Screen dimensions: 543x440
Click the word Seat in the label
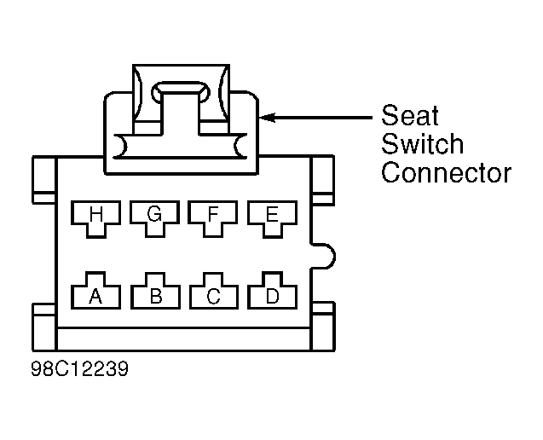tap(410, 115)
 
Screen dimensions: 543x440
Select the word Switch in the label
tap(423, 144)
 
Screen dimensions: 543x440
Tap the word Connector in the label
tap(447, 172)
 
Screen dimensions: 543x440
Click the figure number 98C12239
tap(79, 368)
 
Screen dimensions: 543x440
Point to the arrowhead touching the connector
tap(268, 118)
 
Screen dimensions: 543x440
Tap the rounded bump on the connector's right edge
tap(324, 256)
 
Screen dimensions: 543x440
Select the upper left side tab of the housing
tap(44, 179)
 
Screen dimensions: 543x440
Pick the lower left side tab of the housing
tap(44, 327)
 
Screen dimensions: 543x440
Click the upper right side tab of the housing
tap(323, 179)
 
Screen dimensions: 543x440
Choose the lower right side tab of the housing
tap(323, 327)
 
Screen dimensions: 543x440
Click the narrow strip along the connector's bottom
tap(183, 339)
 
